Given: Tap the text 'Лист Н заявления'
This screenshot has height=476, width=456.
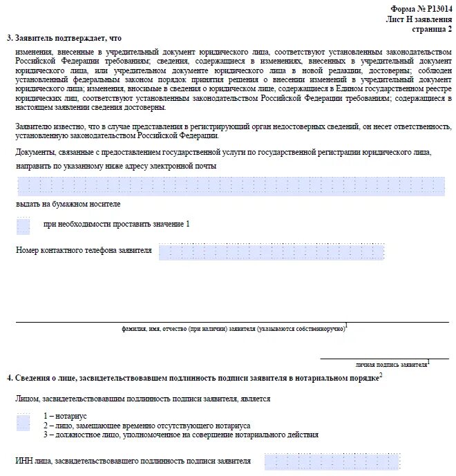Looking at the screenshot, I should point(419,19).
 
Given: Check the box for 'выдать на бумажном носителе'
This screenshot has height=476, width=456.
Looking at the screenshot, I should point(23,225).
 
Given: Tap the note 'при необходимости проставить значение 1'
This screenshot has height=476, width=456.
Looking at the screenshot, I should point(116,225).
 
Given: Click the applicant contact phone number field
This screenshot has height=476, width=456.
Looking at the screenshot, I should point(271,251).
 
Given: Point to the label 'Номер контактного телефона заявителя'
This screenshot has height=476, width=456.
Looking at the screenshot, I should point(84,250).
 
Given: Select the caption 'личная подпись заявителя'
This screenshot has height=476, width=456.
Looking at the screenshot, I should point(391,363).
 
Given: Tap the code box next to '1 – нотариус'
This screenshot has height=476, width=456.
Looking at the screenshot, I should point(23,423).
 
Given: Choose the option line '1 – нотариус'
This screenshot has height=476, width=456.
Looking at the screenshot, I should point(64,416).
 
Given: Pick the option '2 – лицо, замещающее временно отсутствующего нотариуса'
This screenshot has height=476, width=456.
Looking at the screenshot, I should point(146,426).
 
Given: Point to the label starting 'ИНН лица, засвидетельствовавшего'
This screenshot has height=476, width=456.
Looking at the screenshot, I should point(133,460).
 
